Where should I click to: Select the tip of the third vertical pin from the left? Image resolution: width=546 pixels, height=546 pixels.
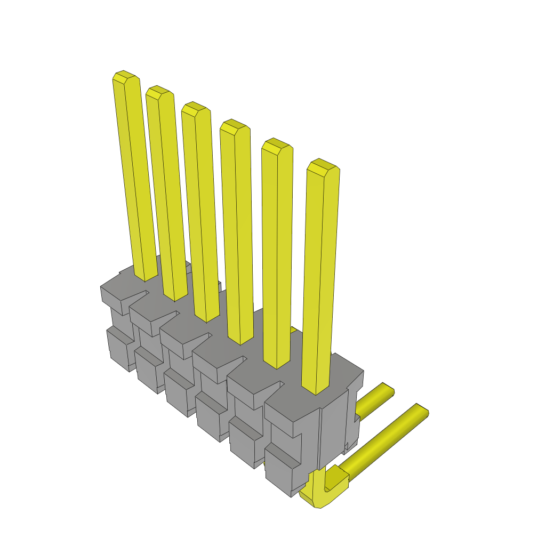click(194, 109)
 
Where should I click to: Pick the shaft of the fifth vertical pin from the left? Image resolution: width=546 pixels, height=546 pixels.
click(277, 256)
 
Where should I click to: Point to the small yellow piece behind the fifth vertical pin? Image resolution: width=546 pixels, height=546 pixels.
click(293, 331)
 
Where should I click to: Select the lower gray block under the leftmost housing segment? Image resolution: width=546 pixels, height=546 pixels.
click(118, 349)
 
